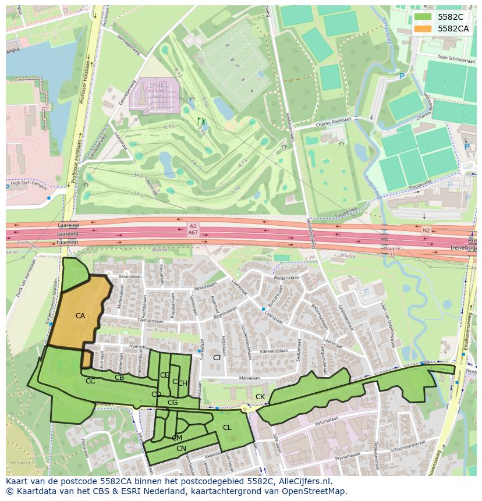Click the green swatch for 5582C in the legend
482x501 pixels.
423,17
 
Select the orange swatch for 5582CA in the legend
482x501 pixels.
423,28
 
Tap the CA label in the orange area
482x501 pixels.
80,316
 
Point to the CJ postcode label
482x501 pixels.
217,357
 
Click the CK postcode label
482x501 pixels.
260,397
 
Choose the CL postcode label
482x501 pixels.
227,428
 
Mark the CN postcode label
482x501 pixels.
181,448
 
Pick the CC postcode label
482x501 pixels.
90,381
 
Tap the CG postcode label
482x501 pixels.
172,403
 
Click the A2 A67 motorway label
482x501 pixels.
193,229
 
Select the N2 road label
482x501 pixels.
426,231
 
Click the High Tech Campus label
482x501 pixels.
27,184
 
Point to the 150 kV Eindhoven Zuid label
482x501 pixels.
155,87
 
